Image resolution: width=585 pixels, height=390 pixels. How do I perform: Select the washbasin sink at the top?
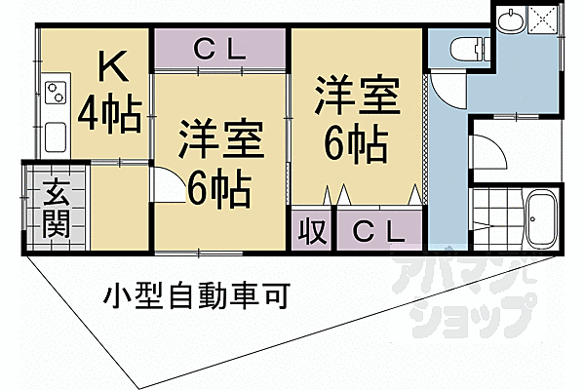[x=511, y=20]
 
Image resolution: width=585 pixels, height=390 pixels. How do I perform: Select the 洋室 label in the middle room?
[x=219, y=139]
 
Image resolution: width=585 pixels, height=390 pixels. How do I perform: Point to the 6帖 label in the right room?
[x=357, y=145]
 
